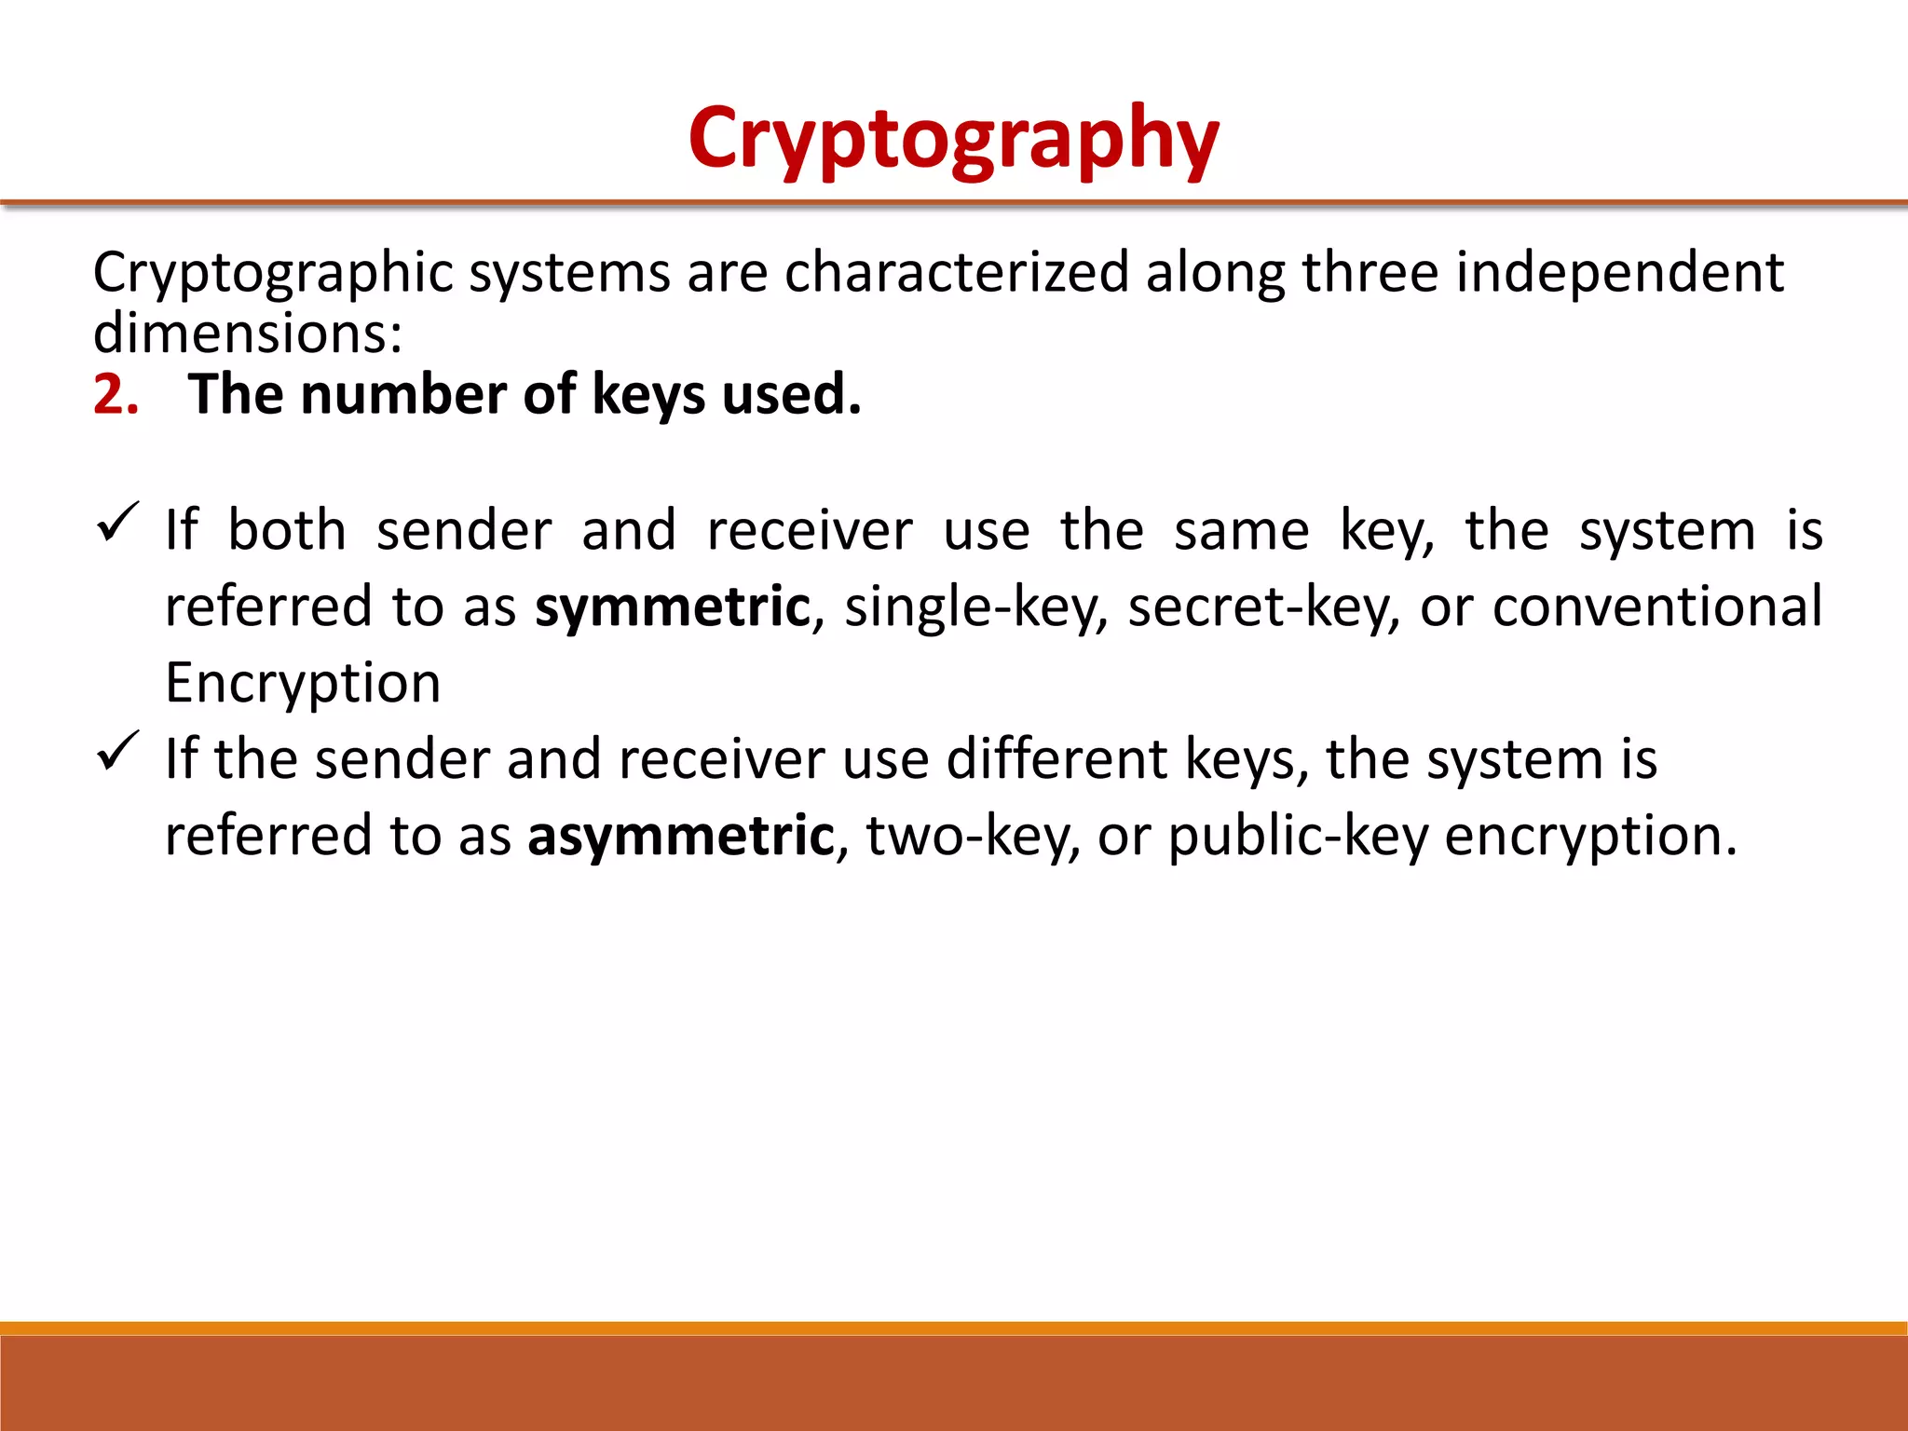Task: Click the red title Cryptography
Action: click(953, 140)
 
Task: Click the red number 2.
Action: click(116, 395)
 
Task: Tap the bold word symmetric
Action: click(673, 607)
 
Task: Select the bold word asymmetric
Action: click(680, 836)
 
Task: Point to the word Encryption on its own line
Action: click(303, 683)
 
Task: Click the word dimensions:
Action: click(248, 334)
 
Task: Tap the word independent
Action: click(1619, 273)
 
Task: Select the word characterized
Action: click(956, 273)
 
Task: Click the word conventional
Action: click(1657, 607)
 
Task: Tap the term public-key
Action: click(1298, 836)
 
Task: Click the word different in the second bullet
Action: click(1056, 759)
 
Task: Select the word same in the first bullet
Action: click(1241, 531)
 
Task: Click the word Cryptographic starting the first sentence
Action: click(273, 273)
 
